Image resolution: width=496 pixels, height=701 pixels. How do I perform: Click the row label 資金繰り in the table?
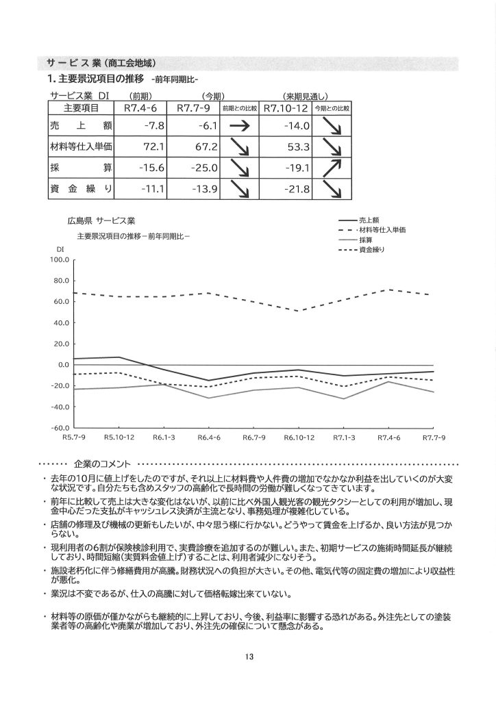pyautogui.click(x=81, y=188)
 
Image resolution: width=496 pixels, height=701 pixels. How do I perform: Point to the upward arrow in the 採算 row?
pyautogui.click(x=334, y=167)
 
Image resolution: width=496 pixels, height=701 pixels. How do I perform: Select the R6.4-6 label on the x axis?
pyautogui.click(x=208, y=437)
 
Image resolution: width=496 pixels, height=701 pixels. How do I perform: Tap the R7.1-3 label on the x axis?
pyautogui.click(x=344, y=437)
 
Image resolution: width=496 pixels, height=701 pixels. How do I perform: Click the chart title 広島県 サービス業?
pyautogui.click(x=101, y=221)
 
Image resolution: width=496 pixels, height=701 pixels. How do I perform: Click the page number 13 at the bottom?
pyautogui.click(x=248, y=657)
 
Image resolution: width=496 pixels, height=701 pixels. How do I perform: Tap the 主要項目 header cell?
pyautogui.click(x=81, y=108)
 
